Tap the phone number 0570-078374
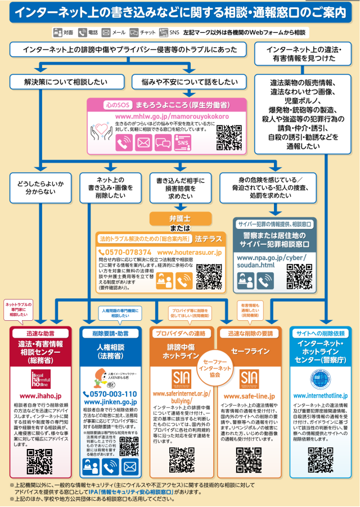[125, 253]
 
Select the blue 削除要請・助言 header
[110, 333]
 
